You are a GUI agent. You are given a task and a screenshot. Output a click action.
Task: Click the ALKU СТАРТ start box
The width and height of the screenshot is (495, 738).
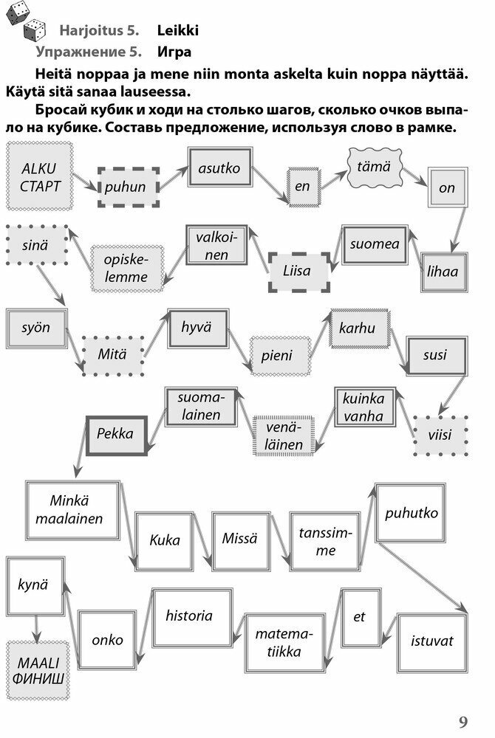41,176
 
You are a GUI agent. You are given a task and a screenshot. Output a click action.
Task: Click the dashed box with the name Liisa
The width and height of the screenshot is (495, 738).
297,270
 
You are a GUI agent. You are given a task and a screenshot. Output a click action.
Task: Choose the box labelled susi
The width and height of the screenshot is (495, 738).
434,355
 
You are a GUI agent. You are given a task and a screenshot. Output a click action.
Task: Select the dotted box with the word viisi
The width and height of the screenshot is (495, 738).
440,435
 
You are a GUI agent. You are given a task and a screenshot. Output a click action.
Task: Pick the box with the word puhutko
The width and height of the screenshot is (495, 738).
411,513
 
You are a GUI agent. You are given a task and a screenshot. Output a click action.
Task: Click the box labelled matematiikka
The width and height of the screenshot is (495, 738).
284,643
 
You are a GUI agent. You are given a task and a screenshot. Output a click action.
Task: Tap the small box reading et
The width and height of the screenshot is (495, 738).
359,618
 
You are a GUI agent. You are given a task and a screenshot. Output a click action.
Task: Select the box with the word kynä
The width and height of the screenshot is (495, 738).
33,585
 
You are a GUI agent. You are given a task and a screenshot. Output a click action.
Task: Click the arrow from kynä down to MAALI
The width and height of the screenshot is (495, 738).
35,626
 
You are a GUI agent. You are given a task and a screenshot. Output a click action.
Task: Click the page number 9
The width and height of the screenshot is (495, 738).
462,722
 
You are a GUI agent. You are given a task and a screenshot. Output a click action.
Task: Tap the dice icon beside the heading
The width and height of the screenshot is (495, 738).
24,20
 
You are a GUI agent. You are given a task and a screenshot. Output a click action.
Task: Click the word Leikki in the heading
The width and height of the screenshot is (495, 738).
177,31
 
